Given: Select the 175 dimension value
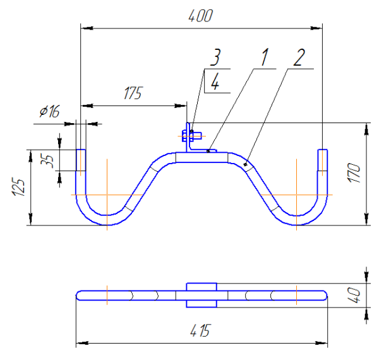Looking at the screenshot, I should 131,94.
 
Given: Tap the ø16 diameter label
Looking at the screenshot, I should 49,112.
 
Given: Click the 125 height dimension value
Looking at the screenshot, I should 19,188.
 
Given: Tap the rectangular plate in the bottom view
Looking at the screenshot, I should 202,295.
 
